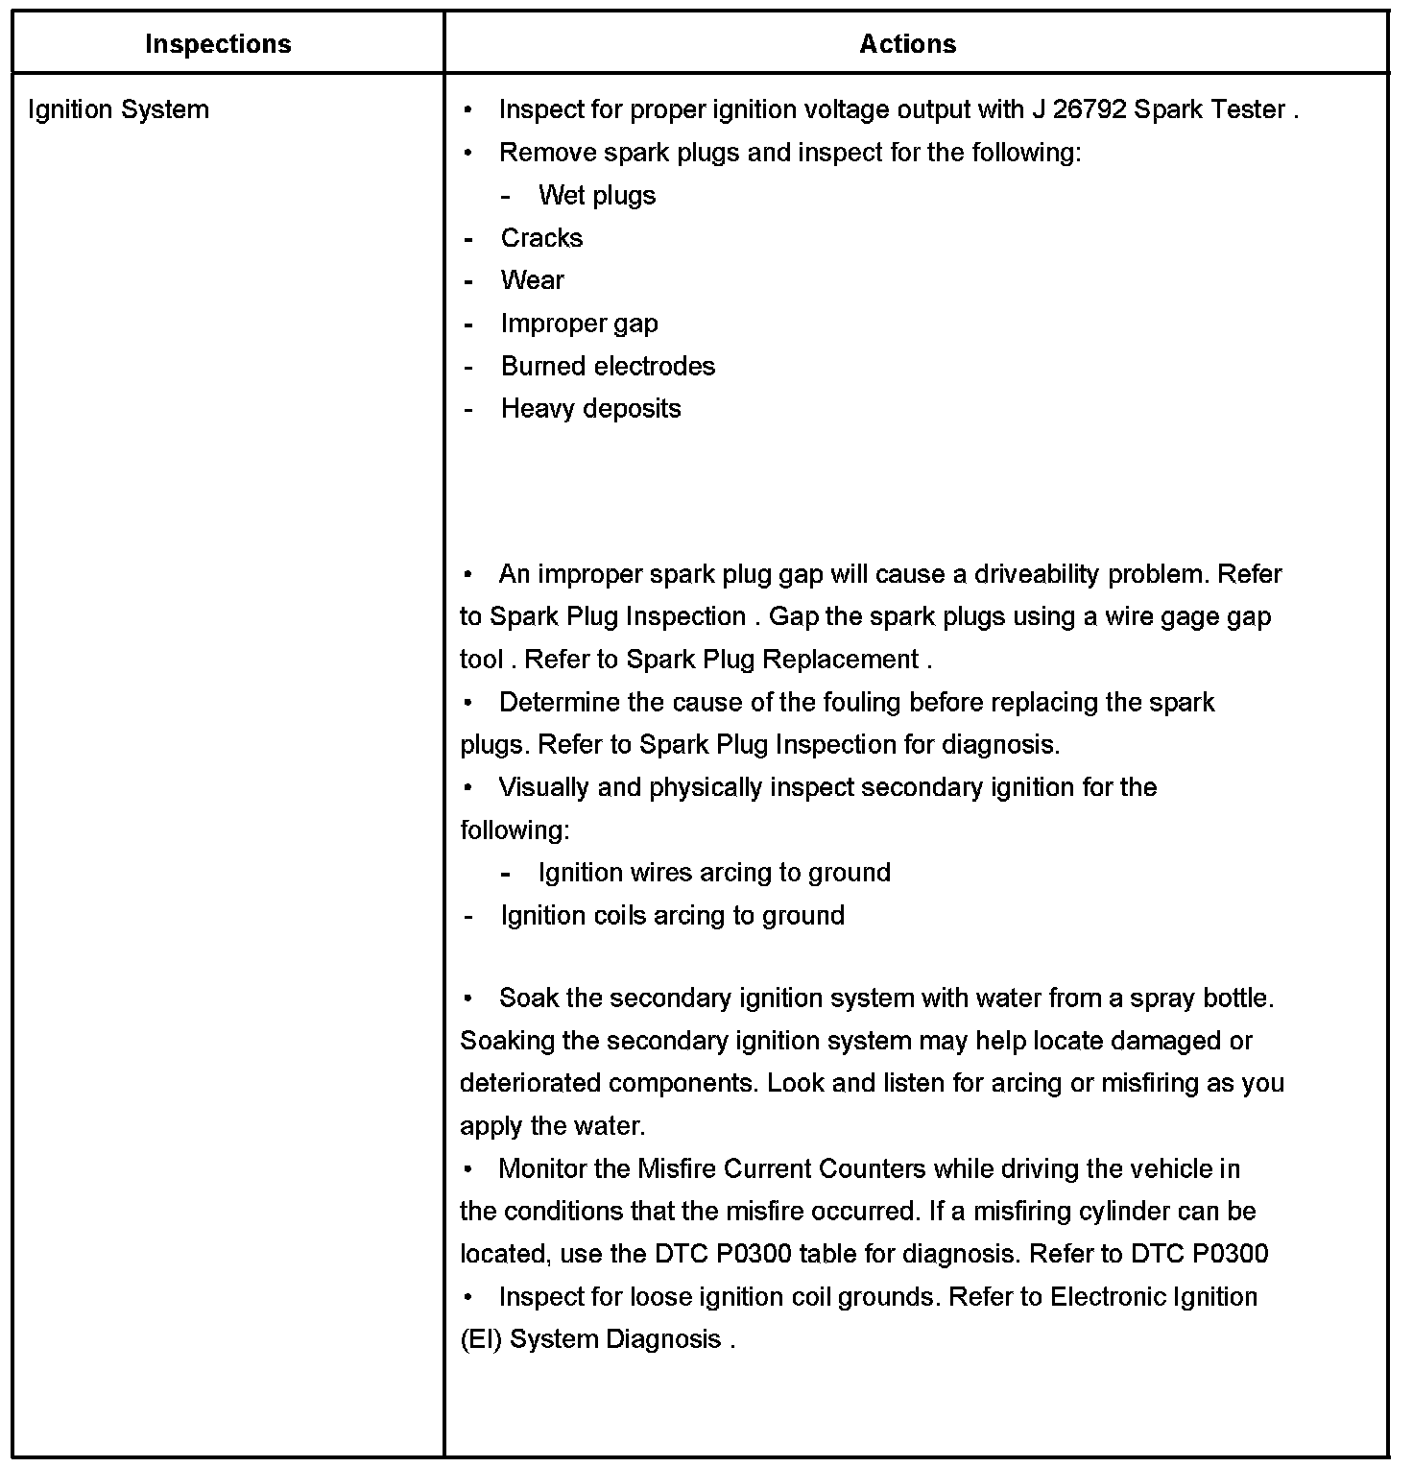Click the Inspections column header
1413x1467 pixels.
coord(218,44)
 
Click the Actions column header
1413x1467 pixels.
coord(907,44)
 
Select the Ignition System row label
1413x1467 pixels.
coord(118,109)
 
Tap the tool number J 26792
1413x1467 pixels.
coord(1079,109)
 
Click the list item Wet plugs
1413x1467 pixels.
coord(597,196)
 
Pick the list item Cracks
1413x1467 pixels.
coord(541,238)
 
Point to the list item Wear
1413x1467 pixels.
coord(532,280)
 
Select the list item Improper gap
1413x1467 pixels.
coord(579,324)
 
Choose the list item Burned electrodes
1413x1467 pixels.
coord(608,366)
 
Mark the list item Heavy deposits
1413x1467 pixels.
coord(590,409)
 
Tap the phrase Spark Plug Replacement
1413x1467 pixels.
coord(773,660)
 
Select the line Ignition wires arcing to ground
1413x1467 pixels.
coord(714,873)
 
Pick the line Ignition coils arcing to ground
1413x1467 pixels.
coord(672,915)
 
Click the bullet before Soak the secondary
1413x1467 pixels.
coord(467,998)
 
